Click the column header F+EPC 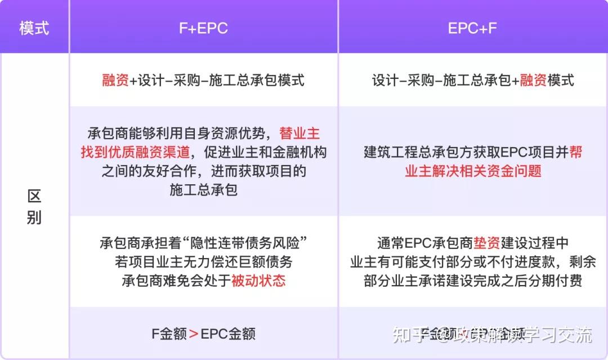click(x=203, y=28)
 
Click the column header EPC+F click(x=472, y=28)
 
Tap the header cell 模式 click(x=34, y=28)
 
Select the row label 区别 click(x=34, y=207)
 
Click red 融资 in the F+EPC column click(x=115, y=80)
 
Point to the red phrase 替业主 click(x=299, y=134)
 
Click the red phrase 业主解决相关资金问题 click(x=473, y=171)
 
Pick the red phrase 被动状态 click(x=258, y=281)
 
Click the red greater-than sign click(x=193, y=334)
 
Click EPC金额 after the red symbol click(x=228, y=334)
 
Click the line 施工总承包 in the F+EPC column click(x=203, y=189)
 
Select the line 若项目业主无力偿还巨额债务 click(x=203, y=262)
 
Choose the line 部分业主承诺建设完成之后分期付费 click(x=473, y=281)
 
